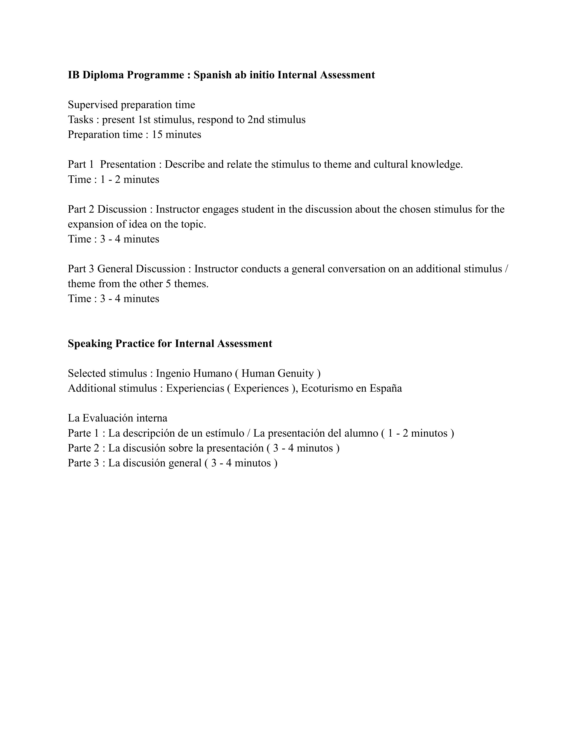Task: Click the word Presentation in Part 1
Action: [x=128, y=164]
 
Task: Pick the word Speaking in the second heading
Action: [x=90, y=344]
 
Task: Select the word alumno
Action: [x=361, y=433]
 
